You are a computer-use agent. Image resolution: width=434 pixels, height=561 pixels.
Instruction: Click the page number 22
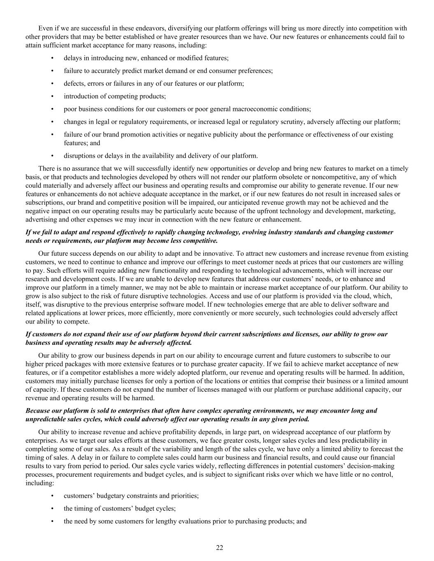click(x=219, y=547)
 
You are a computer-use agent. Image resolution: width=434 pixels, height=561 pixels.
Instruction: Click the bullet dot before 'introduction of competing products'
click(x=52, y=96)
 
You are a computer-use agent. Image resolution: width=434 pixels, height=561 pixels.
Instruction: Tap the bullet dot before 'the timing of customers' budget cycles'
click(x=52, y=508)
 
